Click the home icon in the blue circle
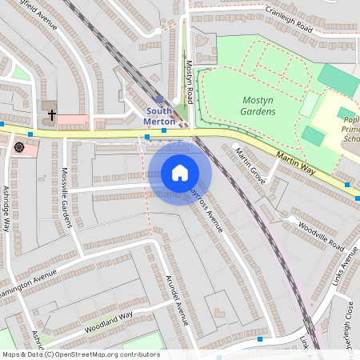(180, 173)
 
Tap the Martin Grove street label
(249, 166)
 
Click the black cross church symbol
(52, 114)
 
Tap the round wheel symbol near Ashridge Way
(18, 147)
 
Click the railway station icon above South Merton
(159, 100)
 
